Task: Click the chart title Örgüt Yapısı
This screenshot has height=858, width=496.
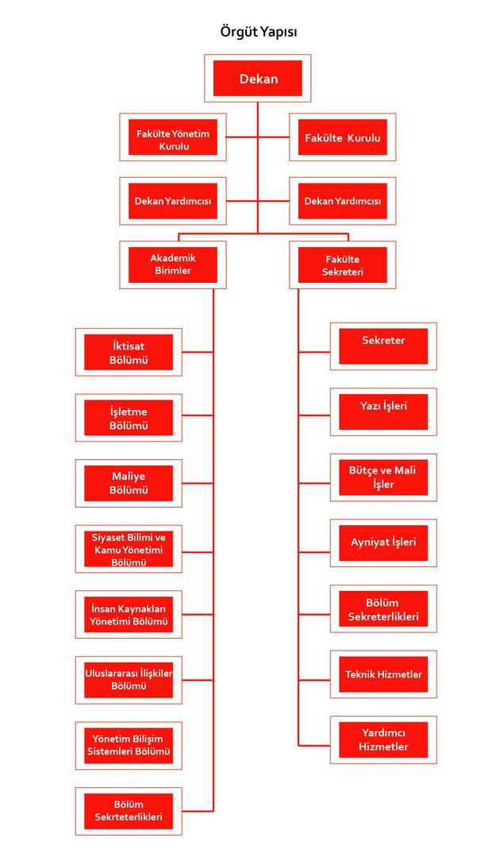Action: (258, 32)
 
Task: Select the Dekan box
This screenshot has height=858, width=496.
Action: (258, 79)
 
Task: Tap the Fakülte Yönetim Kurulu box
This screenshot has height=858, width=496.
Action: (173, 139)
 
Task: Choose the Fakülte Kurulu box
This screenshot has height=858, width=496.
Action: (342, 138)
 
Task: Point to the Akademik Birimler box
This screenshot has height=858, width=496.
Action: (173, 265)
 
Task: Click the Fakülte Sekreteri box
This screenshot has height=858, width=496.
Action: (342, 265)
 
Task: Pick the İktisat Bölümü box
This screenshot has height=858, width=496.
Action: (129, 352)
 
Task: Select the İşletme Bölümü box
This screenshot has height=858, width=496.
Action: (129, 418)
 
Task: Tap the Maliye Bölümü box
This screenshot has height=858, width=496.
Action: (129, 483)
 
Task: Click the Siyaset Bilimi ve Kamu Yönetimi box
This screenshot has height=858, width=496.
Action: (129, 549)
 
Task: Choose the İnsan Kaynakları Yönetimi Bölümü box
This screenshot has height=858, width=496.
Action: (129, 614)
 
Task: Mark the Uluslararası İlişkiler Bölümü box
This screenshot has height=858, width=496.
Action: (129, 680)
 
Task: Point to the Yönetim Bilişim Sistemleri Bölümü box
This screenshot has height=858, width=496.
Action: (129, 745)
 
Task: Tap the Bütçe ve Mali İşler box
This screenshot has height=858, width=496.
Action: (383, 477)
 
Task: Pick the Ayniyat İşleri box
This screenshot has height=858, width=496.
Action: (383, 543)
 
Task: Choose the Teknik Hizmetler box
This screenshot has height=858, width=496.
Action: (383, 674)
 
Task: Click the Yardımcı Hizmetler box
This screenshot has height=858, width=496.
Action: (383, 740)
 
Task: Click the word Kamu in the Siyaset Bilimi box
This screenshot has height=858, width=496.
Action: (106, 550)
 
